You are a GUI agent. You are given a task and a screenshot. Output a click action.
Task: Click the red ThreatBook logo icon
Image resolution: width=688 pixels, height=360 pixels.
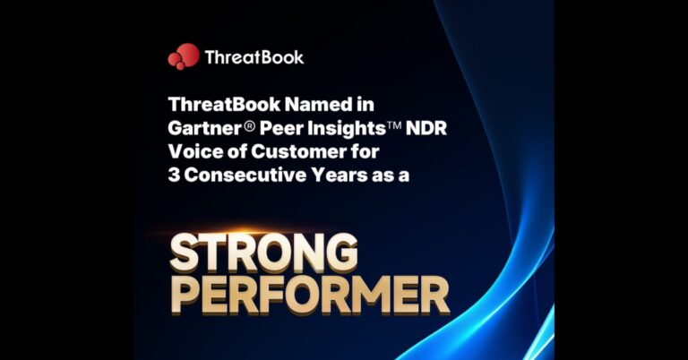pos(183,56)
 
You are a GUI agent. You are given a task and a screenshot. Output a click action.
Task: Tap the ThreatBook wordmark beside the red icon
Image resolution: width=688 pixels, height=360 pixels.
pos(254,57)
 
